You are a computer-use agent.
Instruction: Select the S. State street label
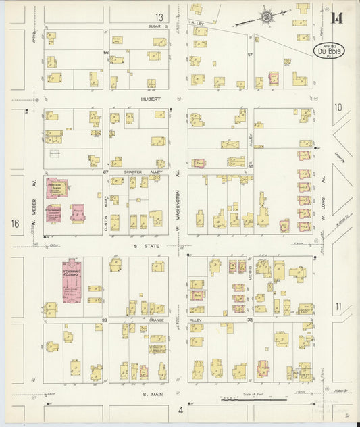[149, 246]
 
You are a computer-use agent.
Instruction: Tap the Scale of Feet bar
[253, 399]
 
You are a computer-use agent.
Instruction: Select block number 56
[106, 52]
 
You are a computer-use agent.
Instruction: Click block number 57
[249, 54]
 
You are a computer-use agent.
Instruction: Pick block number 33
[105, 320]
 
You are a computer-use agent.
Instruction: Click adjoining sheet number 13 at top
[159, 17]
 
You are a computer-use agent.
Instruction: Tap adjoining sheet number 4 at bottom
[180, 409]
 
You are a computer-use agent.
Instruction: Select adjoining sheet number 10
[338, 107]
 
